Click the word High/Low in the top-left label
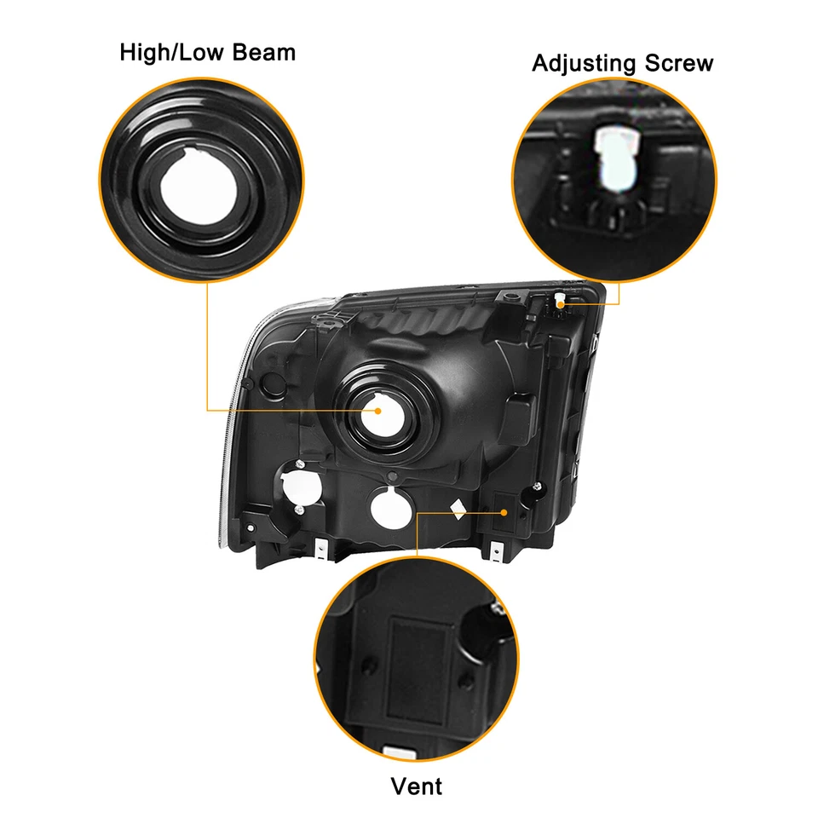pyautogui.click(x=170, y=53)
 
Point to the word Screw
pyautogui.click(x=676, y=64)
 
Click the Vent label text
pyautogui.click(x=417, y=785)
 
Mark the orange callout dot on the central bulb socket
pyautogui.click(x=378, y=410)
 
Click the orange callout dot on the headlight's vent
pyautogui.click(x=505, y=512)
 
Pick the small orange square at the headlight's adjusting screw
pyautogui.click(x=563, y=300)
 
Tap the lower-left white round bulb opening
pyautogui.click(x=298, y=489)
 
